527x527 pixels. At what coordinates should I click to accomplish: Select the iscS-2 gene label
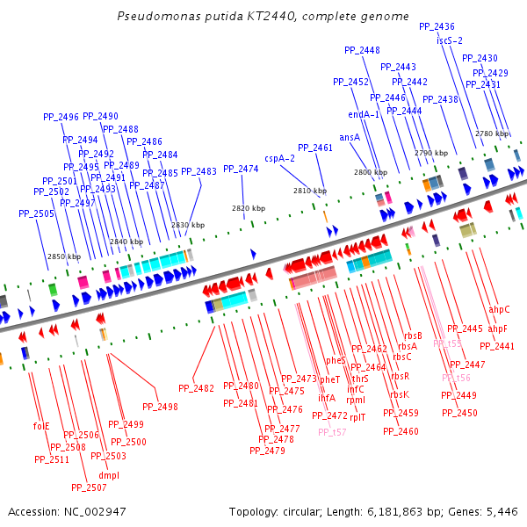(x=449, y=40)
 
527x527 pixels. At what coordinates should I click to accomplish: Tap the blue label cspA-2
(x=279, y=159)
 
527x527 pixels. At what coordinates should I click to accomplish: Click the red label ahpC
(x=499, y=309)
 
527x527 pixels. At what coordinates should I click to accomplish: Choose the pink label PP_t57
(x=332, y=431)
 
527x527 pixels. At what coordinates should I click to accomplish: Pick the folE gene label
(x=41, y=426)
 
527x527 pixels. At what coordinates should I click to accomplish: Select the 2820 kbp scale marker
(x=248, y=208)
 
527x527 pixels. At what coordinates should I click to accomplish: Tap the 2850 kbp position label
(x=63, y=256)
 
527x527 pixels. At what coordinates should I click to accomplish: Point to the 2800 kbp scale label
(x=371, y=173)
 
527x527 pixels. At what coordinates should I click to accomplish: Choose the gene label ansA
(x=350, y=137)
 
